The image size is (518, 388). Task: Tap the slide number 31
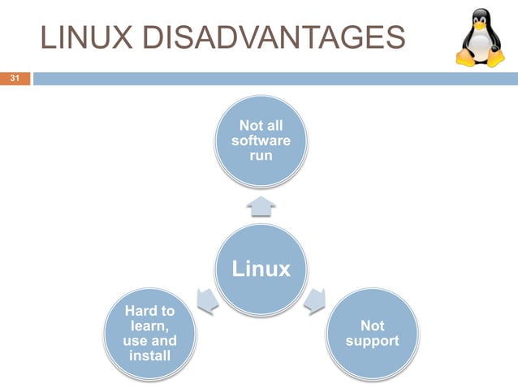coord(14,79)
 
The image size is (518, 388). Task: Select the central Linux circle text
coord(261,269)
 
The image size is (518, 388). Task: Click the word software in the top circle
coord(261,140)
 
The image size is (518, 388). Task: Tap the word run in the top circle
coord(261,155)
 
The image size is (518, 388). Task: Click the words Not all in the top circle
coord(261,126)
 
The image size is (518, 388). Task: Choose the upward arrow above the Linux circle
coord(261,208)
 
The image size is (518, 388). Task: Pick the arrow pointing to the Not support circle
coord(315,301)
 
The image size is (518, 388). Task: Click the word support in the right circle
coord(372,341)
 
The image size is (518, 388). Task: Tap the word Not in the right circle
coord(372,326)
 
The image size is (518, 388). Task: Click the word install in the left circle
coord(149,356)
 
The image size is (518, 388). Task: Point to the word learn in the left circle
coord(148,326)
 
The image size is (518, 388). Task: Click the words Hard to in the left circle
coord(149,312)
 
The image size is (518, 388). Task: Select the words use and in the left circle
coord(149,341)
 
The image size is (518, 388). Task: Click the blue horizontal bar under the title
coord(274,79)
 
